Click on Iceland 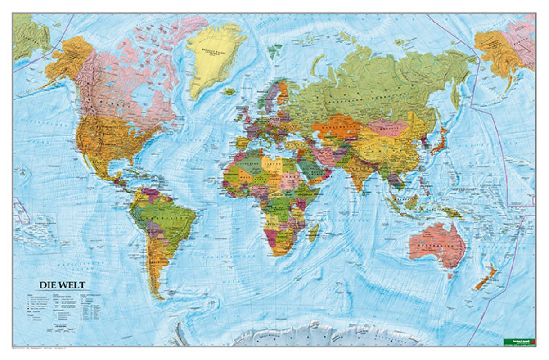(x=229, y=92)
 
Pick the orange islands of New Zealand (x=486, y=278)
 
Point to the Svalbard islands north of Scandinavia (x=274, y=51)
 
